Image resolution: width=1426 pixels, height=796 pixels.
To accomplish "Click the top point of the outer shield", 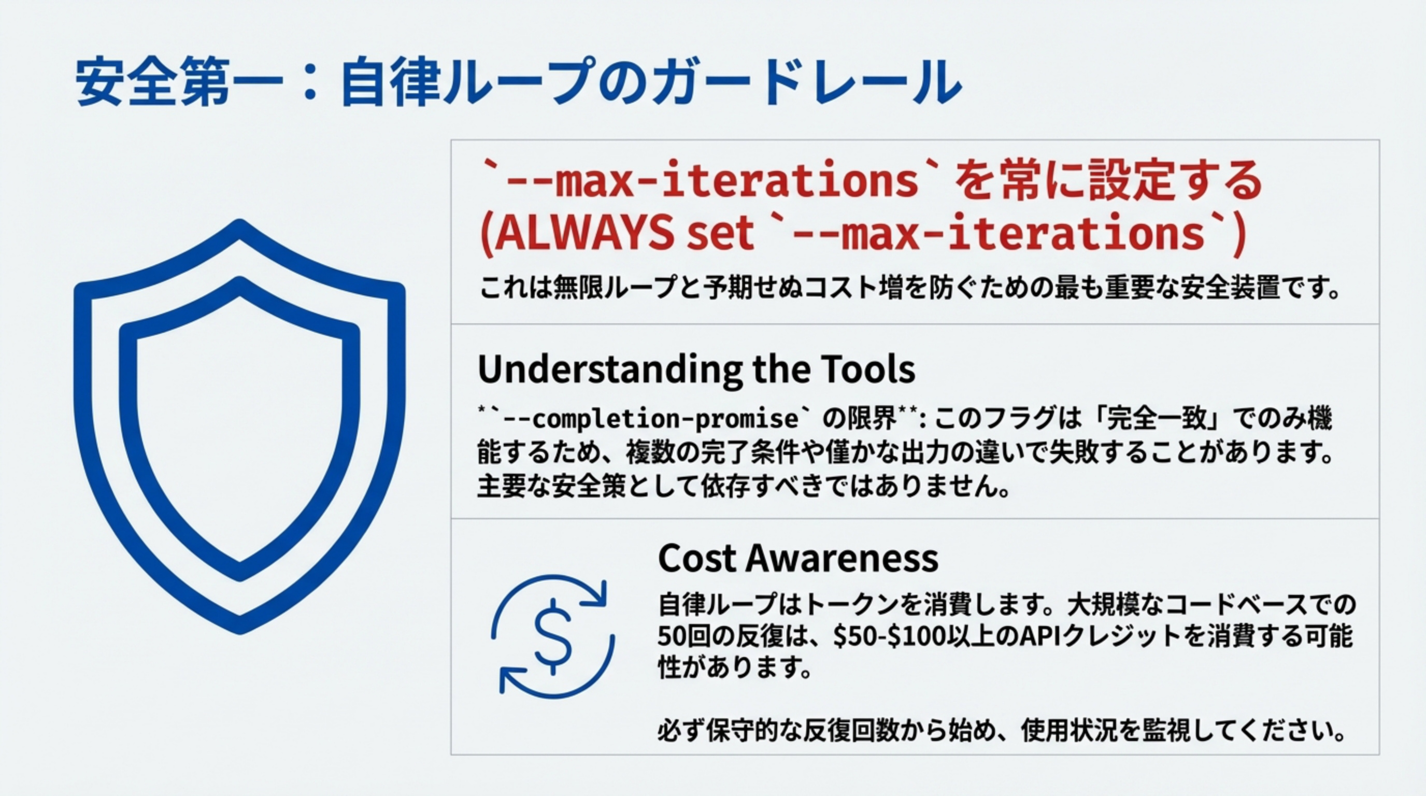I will pos(240,224).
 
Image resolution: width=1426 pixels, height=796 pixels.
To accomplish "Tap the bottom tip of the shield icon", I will pos(240,630).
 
